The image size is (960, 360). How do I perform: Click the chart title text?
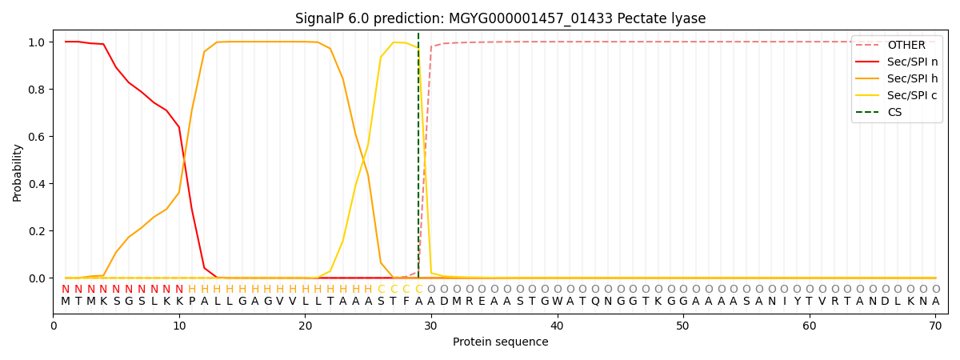click(500, 18)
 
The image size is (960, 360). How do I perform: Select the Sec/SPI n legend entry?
click(912, 62)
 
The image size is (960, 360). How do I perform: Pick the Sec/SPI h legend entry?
click(912, 78)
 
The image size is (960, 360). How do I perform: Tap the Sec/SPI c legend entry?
click(912, 95)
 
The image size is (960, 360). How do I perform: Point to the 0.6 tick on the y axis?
click(38, 137)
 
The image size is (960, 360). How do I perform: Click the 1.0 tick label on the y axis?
click(38, 42)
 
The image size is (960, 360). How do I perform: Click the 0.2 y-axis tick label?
click(38, 231)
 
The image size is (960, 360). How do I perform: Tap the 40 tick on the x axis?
click(557, 326)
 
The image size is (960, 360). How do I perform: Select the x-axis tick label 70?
click(935, 326)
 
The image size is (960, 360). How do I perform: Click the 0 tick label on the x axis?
click(54, 326)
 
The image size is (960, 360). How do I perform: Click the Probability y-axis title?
click(18, 172)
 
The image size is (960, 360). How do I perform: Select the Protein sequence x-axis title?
click(500, 342)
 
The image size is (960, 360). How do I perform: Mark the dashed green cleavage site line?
click(418, 160)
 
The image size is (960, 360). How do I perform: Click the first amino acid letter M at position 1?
click(66, 302)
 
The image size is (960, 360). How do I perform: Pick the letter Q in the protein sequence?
click(594, 302)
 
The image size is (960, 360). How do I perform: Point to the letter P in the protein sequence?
click(191, 302)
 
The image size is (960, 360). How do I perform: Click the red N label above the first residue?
click(66, 290)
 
